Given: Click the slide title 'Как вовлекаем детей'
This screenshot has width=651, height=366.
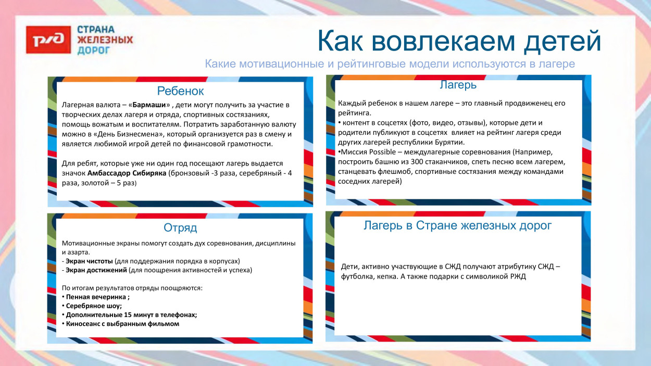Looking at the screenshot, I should [x=459, y=42].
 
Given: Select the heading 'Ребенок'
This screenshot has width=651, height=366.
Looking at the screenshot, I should [x=180, y=91].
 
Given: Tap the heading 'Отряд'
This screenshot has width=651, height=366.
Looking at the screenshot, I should [x=180, y=228].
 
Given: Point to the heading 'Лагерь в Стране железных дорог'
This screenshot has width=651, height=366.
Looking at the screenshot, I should [x=457, y=225].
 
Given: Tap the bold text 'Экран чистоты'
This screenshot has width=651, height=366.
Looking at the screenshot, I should [x=89, y=261].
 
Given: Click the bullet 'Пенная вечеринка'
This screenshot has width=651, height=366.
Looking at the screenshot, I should [x=96, y=297].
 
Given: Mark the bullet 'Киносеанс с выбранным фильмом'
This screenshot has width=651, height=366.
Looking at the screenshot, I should [x=122, y=323].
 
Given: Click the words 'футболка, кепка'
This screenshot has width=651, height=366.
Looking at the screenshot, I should [x=367, y=277].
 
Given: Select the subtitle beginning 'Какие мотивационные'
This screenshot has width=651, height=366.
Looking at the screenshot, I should [x=390, y=64].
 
